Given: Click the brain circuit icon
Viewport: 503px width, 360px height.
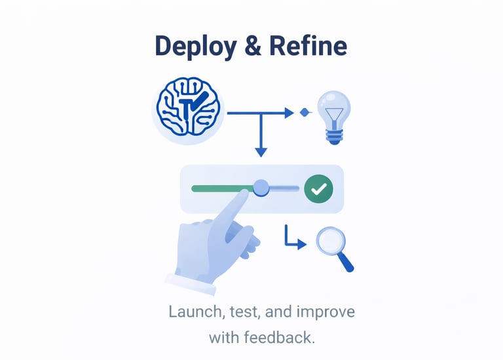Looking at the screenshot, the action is tap(188, 109).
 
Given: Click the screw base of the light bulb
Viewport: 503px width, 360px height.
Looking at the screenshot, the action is tap(334, 135).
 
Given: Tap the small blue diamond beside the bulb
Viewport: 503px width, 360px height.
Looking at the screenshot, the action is tap(304, 113).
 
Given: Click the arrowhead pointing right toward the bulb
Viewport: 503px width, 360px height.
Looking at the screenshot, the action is tap(288, 113).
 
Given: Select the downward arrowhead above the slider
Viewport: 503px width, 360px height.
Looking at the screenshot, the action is tap(261, 152).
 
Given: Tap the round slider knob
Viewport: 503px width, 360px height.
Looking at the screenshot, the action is tap(261, 189).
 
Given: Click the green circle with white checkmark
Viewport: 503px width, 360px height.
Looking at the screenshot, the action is tap(319, 189).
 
